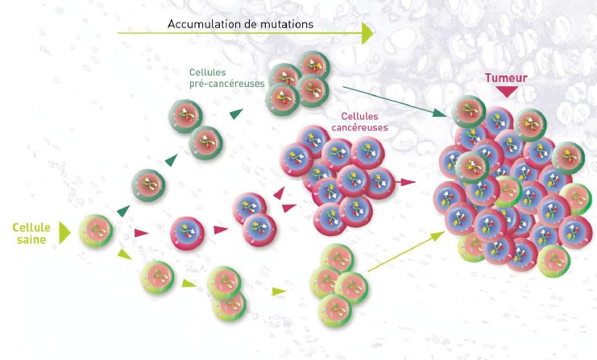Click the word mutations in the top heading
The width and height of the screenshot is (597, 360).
tap(284, 23)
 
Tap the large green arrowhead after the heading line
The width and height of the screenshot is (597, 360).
tap(367, 33)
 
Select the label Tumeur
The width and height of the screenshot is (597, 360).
tap(504, 79)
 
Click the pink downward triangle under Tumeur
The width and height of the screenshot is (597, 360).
tap(505, 92)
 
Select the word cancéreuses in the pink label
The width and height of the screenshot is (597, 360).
tap(359, 127)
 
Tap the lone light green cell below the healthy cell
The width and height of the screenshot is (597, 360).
tap(157, 277)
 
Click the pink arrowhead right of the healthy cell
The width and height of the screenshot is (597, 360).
tap(141, 233)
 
